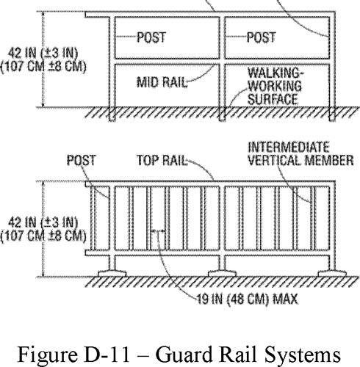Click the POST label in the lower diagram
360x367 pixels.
coord(80,158)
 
